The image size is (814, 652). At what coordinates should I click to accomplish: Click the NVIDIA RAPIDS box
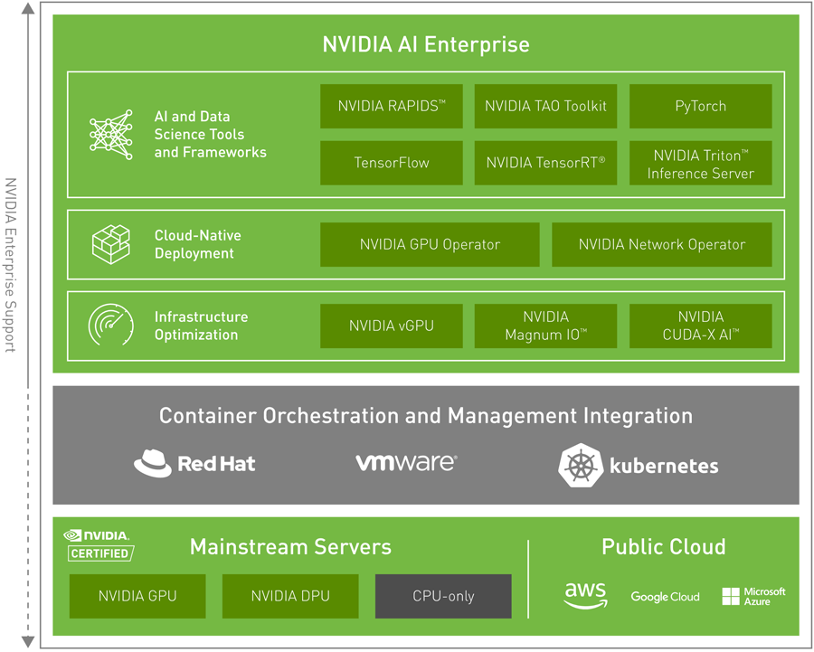pyautogui.click(x=392, y=107)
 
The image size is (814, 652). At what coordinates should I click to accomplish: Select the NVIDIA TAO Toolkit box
pyautogui.click(x=545, y=107)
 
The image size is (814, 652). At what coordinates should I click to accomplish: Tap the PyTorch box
pyautogui.click(x=700, y=107)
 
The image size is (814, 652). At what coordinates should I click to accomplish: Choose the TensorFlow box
pyautogui.click(x=392, y=163)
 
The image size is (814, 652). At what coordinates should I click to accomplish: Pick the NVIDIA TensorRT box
pyautogui.click(x=545, y=163)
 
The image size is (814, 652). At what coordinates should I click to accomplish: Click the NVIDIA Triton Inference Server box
pyautogui.click(x=700, y=163)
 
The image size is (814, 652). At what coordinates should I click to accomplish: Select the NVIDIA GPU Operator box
pyautogui.click(x=430, y=244)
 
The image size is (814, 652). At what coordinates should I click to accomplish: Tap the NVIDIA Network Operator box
pyautogui.click(x=662, y=244)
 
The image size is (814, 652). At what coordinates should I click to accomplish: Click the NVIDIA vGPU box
pyautogui.click(x=392, y=326)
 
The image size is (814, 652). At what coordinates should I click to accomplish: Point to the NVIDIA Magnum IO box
pyautogui.click(x=545, y=326)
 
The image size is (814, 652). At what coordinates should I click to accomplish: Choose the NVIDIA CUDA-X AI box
pyautogui.click(x=700, y=326)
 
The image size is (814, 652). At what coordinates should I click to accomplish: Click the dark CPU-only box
pyautogui.click(x=443, y=596)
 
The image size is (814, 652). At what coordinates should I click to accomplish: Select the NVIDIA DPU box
pyautogui.click(x=290, y=596)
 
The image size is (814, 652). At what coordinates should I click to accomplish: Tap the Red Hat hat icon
pyautogui.click(x=152, y=464)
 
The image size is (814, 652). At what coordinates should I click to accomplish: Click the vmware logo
pyautogui.click(x=406, y=462)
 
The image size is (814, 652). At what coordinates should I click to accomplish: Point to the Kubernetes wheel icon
pyautogui.click(x=581, y=466)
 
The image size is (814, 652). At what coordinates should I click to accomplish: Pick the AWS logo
pyautogui.click(x=585, y=595)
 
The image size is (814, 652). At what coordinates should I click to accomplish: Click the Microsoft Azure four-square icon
pyautogui.click(x=731, y=596)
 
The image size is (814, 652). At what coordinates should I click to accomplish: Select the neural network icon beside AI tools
pyautogui.click(x=111, y=134)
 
